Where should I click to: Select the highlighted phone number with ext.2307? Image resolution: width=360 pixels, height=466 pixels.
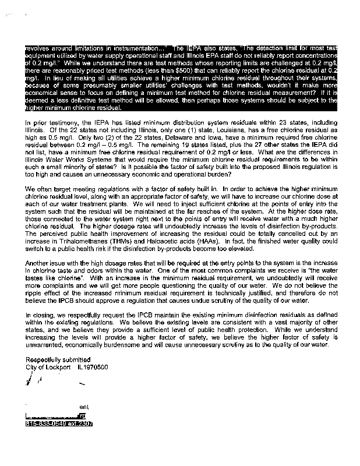(x=60, y=423)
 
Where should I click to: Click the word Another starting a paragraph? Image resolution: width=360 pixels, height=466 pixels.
(x=39, y=263)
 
